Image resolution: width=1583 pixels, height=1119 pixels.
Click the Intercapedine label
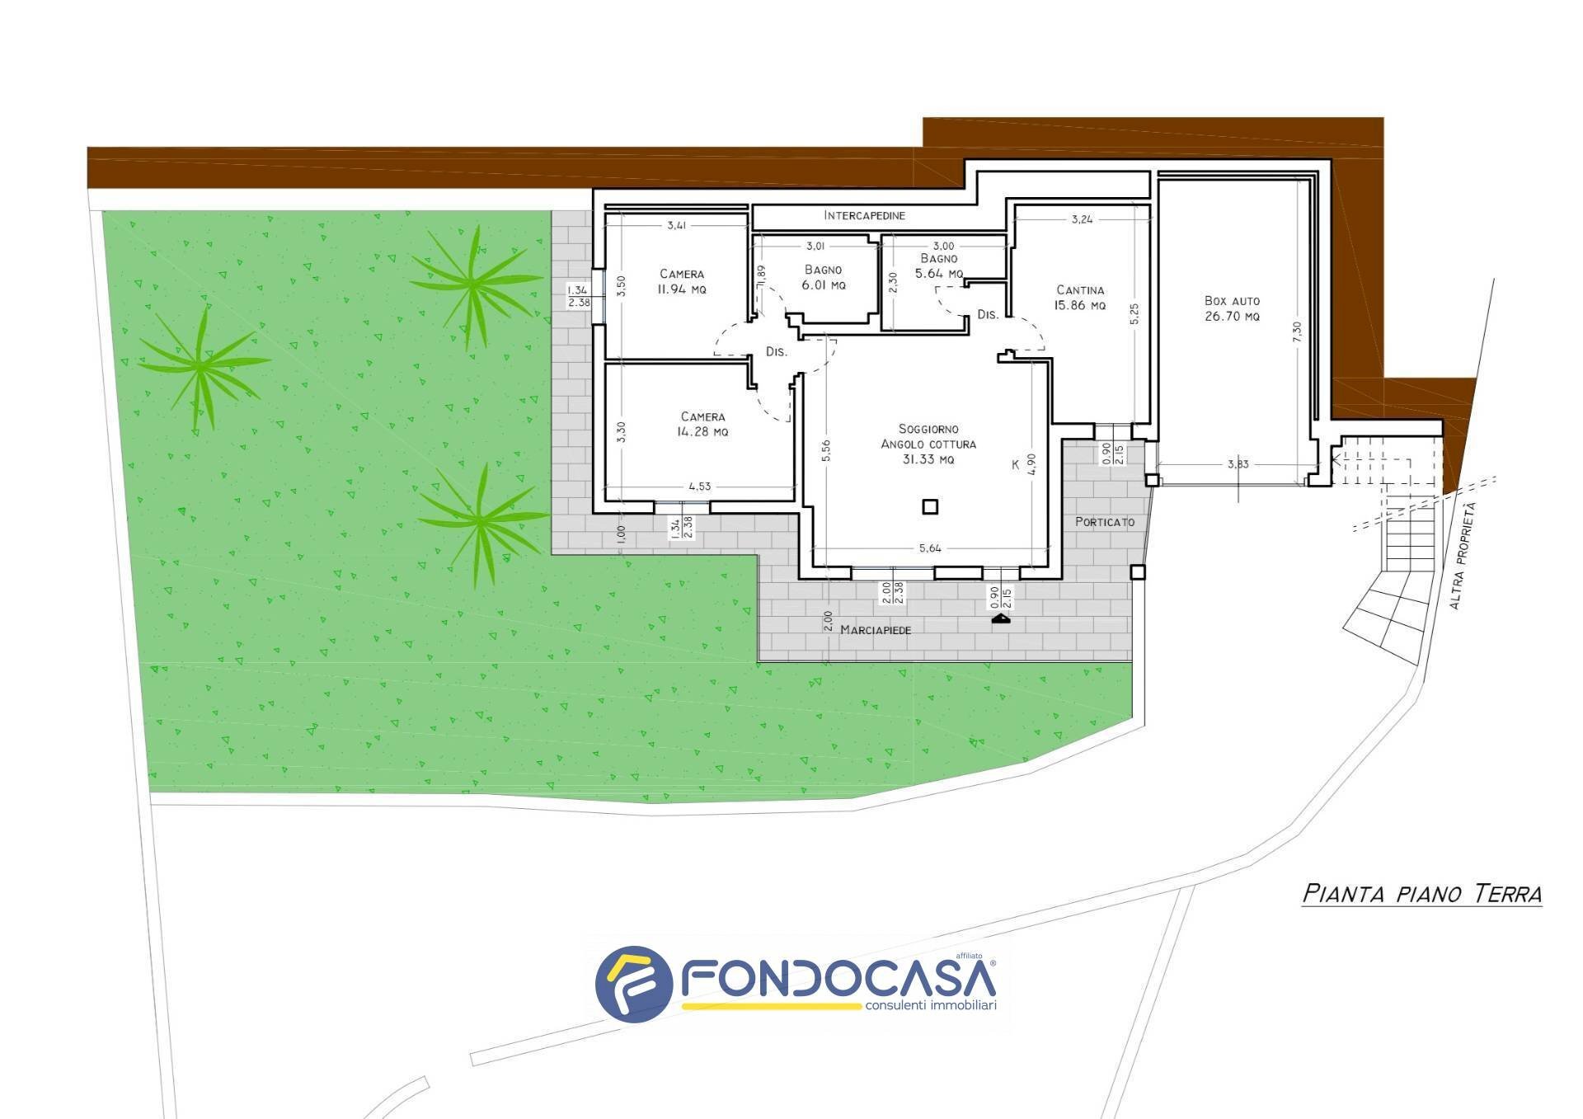click(x=864, y=216)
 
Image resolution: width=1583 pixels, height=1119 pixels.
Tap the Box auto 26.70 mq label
click(x=1232, y=308)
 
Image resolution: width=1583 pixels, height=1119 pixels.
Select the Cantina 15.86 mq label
click(x=1080, y=298)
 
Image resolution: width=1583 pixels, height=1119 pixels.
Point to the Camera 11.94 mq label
click(x=682, y=282)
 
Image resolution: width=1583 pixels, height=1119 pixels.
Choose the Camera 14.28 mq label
click(x=702, y=425)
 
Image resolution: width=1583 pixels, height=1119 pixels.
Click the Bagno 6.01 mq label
click(x=823, y=278)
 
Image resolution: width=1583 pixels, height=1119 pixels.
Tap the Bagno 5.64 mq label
click(x=939, y=266)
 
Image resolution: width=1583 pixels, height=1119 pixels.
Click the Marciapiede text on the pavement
click(x=876, y=630)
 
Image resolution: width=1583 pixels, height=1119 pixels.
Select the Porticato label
click(x=1105, y=522)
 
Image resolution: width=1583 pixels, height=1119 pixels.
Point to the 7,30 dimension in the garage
click(x=1297, y=332)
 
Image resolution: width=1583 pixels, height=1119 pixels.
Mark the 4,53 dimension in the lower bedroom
click(x=698, y=487)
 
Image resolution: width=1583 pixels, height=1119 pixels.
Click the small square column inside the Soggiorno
click(x=930, y=506)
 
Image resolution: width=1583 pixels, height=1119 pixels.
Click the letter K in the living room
click(x=1015, y=465)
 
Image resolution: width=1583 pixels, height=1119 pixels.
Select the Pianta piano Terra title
click(x=1421, y=894)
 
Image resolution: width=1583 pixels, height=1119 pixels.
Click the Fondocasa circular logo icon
click(x=633, y=983)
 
